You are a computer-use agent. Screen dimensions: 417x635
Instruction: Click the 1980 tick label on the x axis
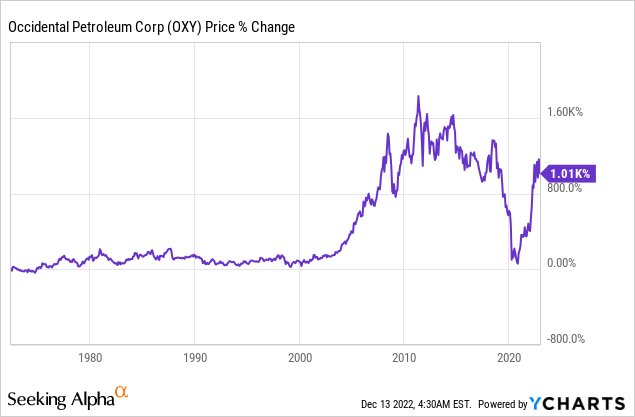coord(90,356)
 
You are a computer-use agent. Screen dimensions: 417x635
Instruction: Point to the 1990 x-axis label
coord(195,356)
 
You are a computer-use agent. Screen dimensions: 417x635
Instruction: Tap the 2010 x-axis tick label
coord(405,356)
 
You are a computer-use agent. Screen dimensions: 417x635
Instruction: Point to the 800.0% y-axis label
coord(574,187)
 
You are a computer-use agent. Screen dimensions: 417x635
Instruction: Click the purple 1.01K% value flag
coord(571,174)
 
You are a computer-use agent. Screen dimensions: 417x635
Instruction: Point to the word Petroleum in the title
coord(107,30)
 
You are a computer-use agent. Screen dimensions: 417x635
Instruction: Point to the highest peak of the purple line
coord(418,96)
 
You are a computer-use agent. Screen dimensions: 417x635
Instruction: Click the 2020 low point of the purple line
coord(518,262)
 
